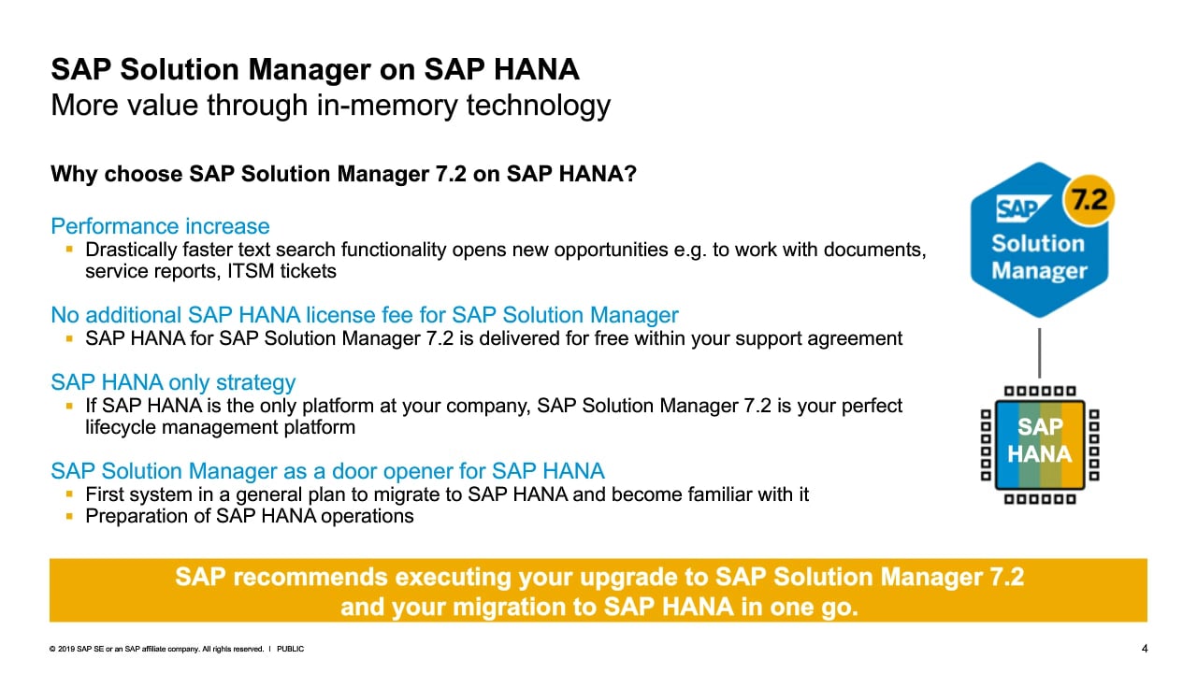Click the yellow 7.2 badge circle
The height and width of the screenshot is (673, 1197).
pyautogui.click(x=1089, y=200)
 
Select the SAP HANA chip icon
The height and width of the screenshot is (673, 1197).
pyautogui.click(x=1040, y=445)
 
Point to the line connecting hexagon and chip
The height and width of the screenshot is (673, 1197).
pyautogui.click(x=1039, y=352)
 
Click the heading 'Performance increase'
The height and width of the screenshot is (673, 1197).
pyautogui.click(x=160, y=226)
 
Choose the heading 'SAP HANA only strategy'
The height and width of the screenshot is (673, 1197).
pyautogui.click(x=173, y=382)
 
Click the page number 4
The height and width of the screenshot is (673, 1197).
pyautogui.click(x=1144, y=649)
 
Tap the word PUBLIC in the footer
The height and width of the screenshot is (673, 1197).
pyautogui.click(x=290, y=649)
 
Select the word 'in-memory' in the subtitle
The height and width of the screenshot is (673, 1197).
pyautogui.click(x=387, y=106)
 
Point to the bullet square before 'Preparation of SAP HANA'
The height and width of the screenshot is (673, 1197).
pyautogui.click(x=69, y=516)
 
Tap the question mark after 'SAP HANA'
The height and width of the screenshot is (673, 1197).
pyautogui.click(x=630, y=174)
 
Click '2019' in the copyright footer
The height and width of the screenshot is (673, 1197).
pyautogui.click(x=66, y=649)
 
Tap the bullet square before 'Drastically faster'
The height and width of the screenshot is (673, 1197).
pyautogui.click(x=69, y=249)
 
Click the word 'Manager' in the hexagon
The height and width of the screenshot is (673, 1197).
pyautogui.click(x=1039, y=271)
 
